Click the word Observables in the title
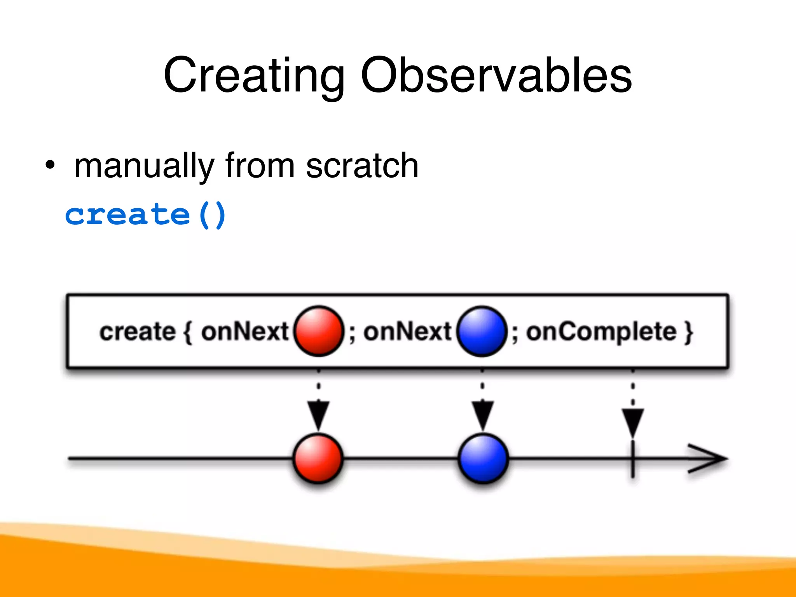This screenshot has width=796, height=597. point(496,75)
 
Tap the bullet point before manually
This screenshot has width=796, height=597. point(50,165)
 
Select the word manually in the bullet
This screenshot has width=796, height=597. point(144,166)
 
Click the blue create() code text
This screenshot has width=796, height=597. point(145,215)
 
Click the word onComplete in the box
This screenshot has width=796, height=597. point(601,332)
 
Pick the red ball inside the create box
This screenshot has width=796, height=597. point(319,331)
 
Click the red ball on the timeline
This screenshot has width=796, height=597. point(318,459)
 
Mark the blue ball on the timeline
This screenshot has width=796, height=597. point(483,459)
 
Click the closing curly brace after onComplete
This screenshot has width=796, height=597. point(689,332)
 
